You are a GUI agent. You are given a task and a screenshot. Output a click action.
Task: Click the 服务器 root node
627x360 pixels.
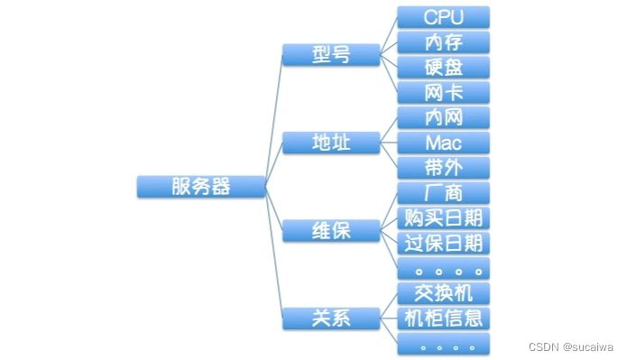[x=201, y=187]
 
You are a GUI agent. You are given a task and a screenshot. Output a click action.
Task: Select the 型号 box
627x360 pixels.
[x=330, y=54]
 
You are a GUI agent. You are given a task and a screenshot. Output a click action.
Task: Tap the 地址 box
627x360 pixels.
[x=330, y=143]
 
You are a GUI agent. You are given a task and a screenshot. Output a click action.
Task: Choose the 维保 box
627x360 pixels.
[x=330, y=230]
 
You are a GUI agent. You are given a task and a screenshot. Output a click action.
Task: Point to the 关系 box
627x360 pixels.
[x=330, y=318]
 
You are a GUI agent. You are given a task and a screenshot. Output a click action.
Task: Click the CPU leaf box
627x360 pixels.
[x=443, y=17]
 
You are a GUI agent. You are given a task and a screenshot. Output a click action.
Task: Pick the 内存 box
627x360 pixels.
[x=443, y=42]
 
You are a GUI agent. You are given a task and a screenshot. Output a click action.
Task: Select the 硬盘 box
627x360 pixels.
[x=443, y=68]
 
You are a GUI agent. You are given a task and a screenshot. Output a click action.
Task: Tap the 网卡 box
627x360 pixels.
[x=443, y=92]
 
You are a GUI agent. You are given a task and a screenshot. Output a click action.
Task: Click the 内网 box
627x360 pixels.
[x=443, y=117]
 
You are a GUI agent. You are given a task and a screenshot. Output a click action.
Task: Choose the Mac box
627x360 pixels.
[x=443, y=143]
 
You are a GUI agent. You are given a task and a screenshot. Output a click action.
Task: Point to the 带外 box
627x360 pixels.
[x=443, y=168]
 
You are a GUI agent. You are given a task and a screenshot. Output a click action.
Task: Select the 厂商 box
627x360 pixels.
[x=443, y=192]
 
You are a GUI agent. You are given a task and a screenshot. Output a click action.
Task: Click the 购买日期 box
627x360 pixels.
[x=443, y=217]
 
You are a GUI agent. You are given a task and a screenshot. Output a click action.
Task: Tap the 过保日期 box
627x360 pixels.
[x=443, y=243]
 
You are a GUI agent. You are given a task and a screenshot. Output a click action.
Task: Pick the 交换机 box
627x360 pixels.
[x=443, y=292]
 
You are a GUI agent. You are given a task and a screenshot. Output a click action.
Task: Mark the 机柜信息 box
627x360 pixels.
[x=443, y=318]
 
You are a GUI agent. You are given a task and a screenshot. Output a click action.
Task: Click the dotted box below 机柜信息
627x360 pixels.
[x=443, y=343]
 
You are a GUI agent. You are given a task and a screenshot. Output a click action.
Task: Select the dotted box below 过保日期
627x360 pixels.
[x=443, y=268]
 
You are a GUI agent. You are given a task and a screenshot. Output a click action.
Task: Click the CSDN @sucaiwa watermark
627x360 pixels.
[x=571, y=346]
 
